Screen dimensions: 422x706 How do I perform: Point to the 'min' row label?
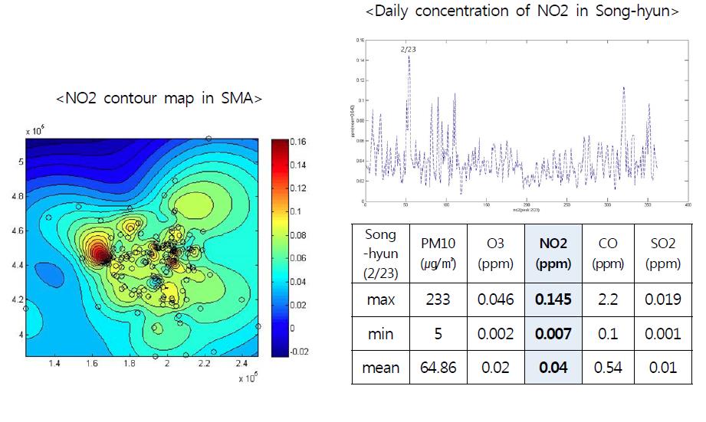click(380, 334)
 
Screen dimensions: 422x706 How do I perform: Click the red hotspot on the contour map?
click(98, 252)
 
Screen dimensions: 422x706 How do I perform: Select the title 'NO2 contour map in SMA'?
click(159, 98)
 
